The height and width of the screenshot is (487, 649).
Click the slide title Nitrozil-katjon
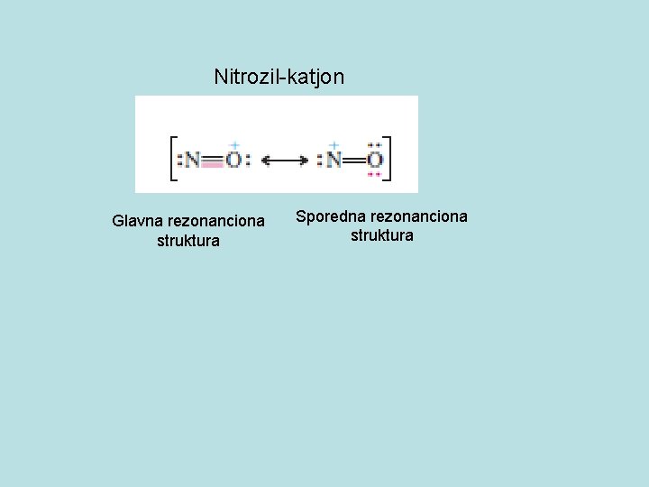[x=279, y=77]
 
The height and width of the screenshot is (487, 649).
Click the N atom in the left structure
[x=192, y=161]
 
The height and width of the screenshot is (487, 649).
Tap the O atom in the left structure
[x=233, y=161]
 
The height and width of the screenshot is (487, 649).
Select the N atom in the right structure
[x=334, y=161]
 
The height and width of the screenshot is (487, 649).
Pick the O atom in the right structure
[x=375, y=161]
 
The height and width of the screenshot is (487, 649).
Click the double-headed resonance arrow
[x=283, y=161]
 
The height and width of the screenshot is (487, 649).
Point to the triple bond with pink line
[x=213, y=162]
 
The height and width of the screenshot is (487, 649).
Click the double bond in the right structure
[x=354, y=161]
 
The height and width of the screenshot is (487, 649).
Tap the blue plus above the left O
[x=233, y=144]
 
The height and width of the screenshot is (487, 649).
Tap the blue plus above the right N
[x=334, y=144]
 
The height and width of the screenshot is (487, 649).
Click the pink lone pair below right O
[x=375, y=175]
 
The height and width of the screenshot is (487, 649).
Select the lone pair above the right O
[x=375, y=145]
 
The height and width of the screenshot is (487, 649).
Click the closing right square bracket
[x=388, y=159]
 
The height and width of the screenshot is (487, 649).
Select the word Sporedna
[x=331, y=216]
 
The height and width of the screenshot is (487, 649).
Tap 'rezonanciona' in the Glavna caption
[x=216, y=221]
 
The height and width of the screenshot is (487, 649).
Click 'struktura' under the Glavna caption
[x=188, y=241]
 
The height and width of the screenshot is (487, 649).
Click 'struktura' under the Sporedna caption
[x=382, y=236]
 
